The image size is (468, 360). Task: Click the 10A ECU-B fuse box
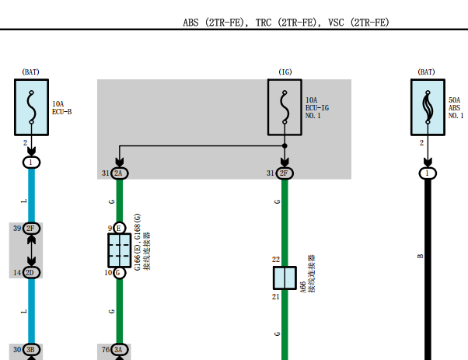coord(31,107)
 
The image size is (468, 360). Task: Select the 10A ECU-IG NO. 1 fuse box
coord(285,107)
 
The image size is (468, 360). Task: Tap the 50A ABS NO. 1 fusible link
coord(428,107)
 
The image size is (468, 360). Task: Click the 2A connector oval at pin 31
coord(120,173)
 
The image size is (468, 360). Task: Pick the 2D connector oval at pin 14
coord(31,273)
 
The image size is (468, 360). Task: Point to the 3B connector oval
coord(31,350)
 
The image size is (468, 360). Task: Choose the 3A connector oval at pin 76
coord(120,350)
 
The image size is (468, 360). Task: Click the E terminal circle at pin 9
coord(120,229)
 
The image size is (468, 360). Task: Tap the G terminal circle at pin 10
coord(120,273)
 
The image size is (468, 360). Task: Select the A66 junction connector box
coord(285,278)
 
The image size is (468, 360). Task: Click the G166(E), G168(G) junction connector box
coord(120,250)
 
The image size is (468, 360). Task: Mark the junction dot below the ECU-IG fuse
coord(285,145)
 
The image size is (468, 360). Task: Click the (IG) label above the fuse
coord(285,72)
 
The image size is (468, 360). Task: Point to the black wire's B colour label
coord(421,256)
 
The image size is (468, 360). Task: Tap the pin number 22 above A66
coord(276,260)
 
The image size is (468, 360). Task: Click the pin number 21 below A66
coord(275,297)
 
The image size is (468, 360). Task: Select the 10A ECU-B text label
coord(61,108)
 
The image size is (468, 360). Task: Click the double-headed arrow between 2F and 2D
coord(31,250)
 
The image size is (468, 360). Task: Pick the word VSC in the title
coord(336,23)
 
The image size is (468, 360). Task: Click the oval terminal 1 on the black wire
coord(428,173)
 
